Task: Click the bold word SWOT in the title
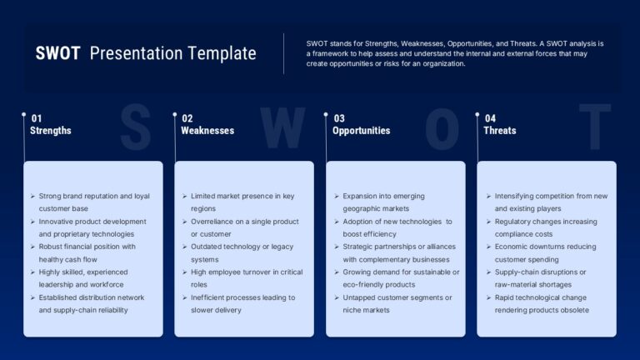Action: point(57,53)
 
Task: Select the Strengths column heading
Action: point(51,131)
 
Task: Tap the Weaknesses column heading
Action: point(207,131)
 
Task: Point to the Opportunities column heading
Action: point(361,131)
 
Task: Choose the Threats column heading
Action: point(500,131)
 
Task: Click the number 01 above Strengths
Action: point(37,118)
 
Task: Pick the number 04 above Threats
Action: point(490,118)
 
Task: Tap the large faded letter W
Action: point(282,127)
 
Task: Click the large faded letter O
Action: point(442,128)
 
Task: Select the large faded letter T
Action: point(595,127)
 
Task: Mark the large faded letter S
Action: point(136,127)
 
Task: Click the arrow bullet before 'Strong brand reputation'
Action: point(32,197)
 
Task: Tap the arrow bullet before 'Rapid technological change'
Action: point(488,297)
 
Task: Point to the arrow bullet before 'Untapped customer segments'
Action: point(337,297)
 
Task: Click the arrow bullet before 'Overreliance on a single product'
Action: point(184,222)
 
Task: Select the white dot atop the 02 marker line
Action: point(175,115)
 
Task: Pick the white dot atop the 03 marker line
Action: point(326,115)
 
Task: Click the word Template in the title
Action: point(222,53)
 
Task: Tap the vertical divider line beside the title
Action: point(283,54)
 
